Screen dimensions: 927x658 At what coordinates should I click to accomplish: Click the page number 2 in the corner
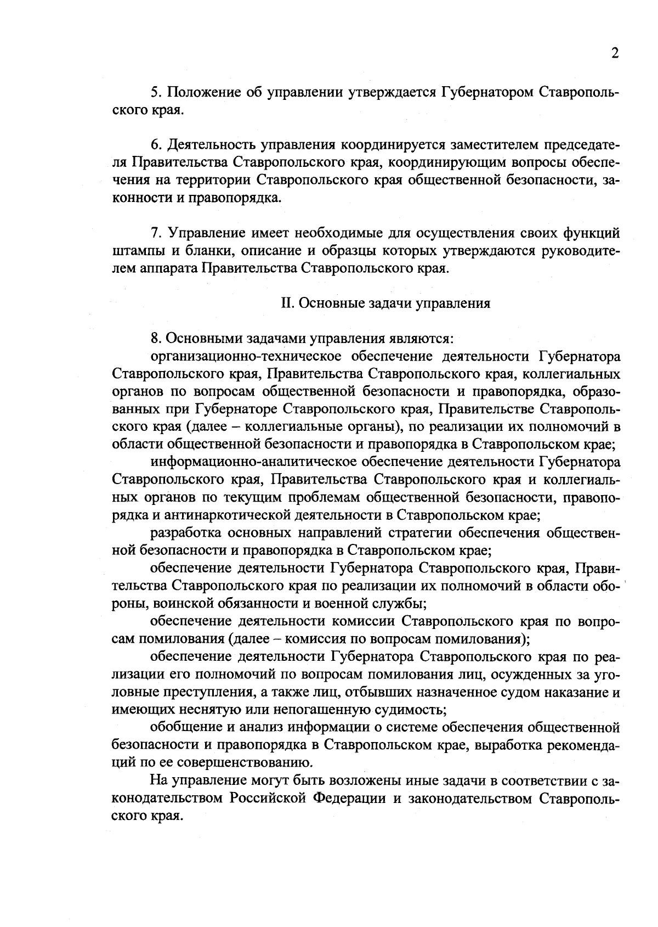tap(615, 54)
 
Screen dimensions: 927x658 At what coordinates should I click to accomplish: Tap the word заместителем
tap(493, 145)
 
